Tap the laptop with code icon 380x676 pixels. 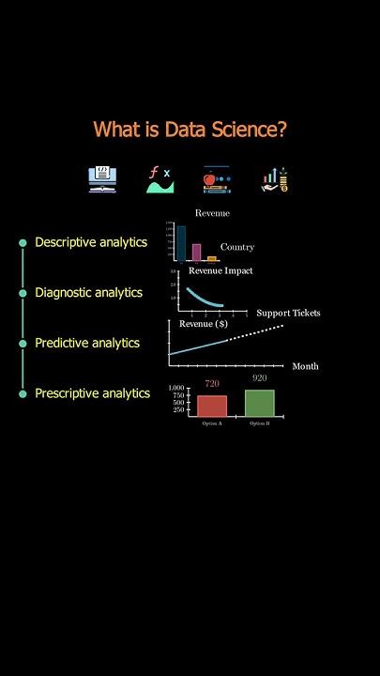point(102,178)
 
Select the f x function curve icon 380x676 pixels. point(160,178)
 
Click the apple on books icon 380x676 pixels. point(217,178)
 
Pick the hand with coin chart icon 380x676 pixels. point(274,178)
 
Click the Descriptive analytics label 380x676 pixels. point(91,242)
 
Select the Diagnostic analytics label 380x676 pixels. point(88,293)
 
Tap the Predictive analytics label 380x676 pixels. point(87,343)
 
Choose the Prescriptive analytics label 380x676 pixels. point(92,393)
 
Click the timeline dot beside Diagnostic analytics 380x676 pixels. point(23,293)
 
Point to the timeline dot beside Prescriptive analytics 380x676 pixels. point(23,394)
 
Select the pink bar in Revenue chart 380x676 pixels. point(197,252)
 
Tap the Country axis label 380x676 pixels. point(237,248)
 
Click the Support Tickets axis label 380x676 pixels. point(288,313)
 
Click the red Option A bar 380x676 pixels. point(212,405)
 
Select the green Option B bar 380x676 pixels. point(260,402)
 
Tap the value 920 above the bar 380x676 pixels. point(260,378)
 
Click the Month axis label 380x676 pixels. point(305,366)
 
